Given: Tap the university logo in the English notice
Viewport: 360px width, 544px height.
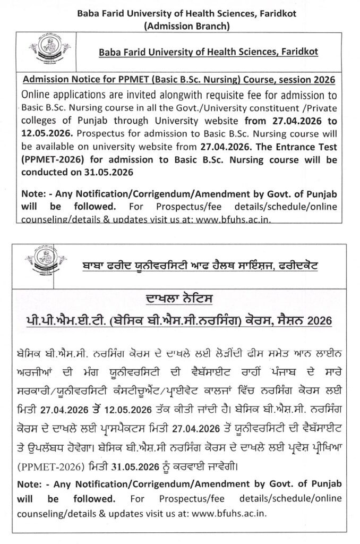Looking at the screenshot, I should [44, 52].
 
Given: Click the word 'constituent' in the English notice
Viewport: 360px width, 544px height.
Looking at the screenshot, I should [273, 106].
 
